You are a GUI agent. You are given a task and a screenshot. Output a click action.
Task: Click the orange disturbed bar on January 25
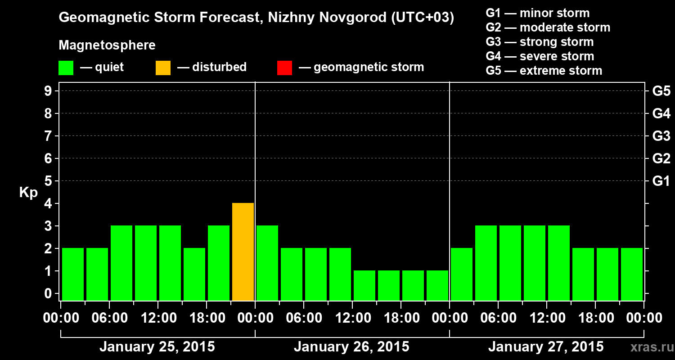[243, 252]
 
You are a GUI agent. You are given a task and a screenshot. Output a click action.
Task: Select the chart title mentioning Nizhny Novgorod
[256, 18]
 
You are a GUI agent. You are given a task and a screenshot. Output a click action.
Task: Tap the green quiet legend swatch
[66, 68]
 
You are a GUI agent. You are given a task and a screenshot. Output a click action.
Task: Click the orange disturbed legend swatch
[163, 68]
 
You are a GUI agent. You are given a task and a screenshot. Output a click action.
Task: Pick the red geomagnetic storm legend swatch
[284, 68]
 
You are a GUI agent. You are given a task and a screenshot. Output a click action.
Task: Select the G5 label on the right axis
[661, 91]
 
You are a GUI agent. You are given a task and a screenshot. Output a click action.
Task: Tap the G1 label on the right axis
[661, 181]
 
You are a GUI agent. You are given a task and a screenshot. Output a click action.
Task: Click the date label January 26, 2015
[351, 347]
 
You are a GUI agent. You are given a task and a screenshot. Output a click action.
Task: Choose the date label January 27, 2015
[546, 347]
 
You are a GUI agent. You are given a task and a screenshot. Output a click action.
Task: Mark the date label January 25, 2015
[157, 347]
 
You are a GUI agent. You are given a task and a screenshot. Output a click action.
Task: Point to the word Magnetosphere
[107, 45]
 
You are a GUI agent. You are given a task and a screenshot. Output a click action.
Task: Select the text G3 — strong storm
[540, 42]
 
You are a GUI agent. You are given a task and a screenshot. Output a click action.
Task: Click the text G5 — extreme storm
[544, 71]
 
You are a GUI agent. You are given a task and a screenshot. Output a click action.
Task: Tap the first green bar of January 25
[73, 274]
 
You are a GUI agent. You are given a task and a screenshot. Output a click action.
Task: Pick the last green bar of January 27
[632, 274]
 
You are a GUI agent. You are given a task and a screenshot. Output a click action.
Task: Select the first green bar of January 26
[267, 263]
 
